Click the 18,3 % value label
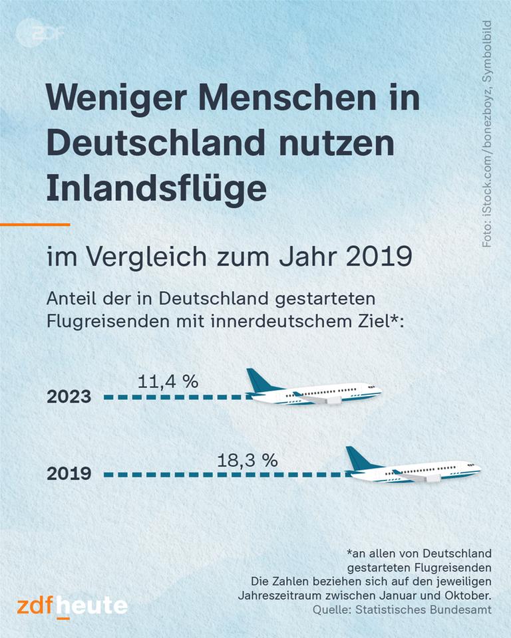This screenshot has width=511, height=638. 248,460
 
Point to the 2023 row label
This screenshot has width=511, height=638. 69,397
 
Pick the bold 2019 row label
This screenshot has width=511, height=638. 69,475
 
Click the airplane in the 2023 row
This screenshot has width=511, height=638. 313,391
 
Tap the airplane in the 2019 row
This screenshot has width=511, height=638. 413,468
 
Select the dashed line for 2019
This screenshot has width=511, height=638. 226,475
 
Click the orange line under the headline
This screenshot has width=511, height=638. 35,225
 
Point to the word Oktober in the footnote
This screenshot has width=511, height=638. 468,595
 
